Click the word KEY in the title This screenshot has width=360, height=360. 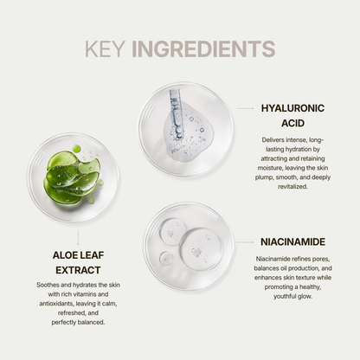point(105,49)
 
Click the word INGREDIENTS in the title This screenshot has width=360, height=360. point(203,49)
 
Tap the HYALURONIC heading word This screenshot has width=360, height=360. point(292,108)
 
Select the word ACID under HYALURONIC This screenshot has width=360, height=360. point(292,123)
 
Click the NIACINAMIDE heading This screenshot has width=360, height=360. point(292,241)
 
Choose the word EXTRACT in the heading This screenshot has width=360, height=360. point(78,270)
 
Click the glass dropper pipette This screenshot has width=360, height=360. point(177,114)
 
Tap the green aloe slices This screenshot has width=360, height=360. point(72,177)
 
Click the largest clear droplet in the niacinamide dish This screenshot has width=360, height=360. point(202,249)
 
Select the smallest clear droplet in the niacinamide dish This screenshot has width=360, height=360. point(166,258)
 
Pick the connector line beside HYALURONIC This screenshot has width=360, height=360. point(245,108)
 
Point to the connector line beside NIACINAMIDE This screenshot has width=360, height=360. point(245,242)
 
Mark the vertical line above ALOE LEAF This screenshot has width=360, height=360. point(78,237)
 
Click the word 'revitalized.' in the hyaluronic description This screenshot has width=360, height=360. point(292,187)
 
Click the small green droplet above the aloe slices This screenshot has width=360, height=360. point(76,149)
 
